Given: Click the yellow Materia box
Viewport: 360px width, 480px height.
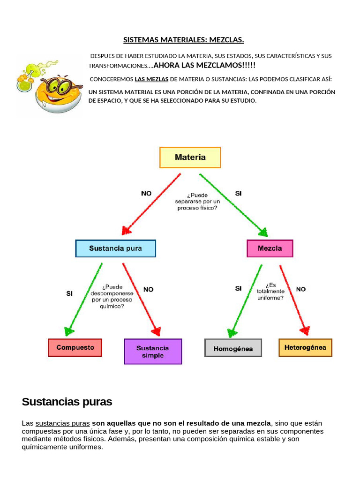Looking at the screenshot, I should click(190, 157).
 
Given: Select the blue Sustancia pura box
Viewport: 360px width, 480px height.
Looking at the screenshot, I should click(115, 248).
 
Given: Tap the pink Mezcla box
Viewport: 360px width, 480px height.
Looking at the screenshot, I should click(270, 248).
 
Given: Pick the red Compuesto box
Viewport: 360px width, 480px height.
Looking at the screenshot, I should click(75, 348).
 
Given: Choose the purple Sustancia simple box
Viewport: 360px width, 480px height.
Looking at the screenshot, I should click(153, 352).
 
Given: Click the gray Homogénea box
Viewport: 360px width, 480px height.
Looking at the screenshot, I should click(233, 348).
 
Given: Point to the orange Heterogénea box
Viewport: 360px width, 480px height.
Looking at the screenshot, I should click(305, 348).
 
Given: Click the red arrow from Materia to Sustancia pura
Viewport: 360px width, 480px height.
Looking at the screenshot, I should click(151, 204).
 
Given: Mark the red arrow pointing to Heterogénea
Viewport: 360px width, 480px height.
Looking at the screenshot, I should click(293, 300).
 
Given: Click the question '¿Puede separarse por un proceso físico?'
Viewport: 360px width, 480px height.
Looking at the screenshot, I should click(197, 201).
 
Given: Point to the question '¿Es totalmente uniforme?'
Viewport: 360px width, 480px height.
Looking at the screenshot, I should click(270, 291).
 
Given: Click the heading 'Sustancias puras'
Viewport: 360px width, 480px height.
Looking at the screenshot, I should click(67, 402).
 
